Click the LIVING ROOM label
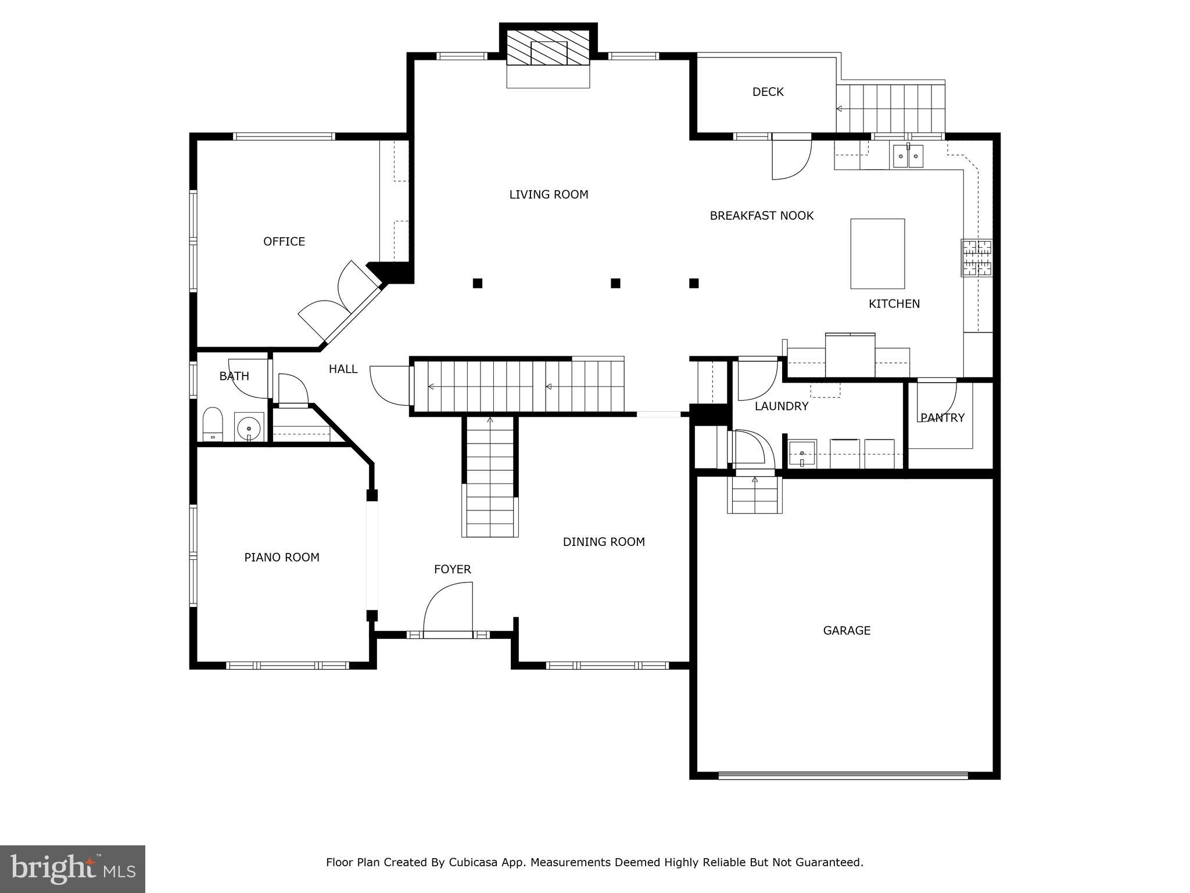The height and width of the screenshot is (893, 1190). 549,195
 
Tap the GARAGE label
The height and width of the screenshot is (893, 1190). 847,630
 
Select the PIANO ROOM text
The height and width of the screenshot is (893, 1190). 281,558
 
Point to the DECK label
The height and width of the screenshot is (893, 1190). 768,92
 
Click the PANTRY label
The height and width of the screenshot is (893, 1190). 942,417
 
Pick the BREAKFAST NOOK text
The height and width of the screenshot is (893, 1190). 761,216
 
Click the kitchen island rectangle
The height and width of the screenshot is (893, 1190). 877,253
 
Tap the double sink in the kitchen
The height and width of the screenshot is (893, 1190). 908,156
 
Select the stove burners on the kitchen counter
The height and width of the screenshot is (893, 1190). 976,258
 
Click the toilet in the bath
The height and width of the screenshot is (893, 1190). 213,424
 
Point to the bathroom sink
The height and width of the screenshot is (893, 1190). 249,427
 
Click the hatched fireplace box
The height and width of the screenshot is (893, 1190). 548,48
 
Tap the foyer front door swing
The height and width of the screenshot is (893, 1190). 448,608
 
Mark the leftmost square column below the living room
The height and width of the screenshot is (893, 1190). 478,283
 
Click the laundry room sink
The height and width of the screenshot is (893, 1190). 802,453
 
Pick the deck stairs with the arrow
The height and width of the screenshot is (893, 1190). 890,108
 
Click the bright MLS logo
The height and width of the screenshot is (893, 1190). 73,869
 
